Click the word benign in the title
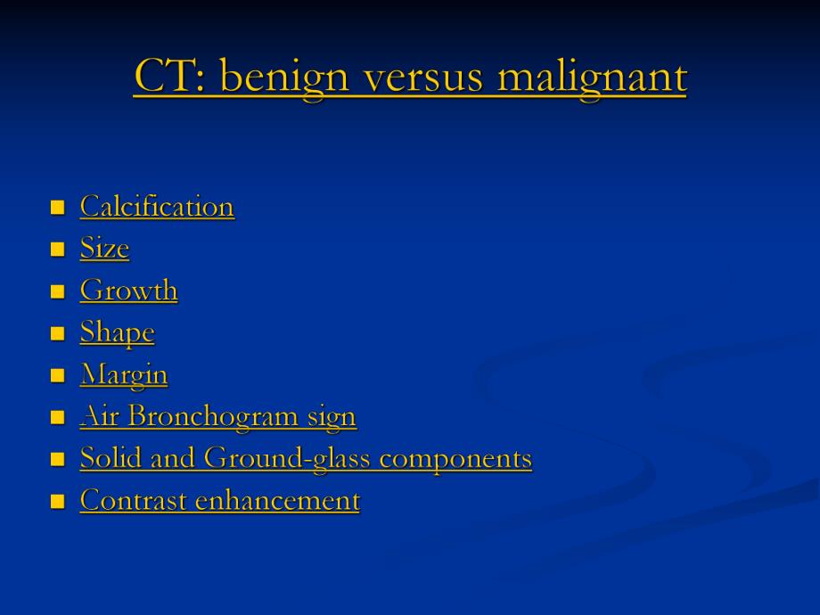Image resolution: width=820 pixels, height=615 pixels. click(x=285, y=78)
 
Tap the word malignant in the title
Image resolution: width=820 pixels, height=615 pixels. click(x=593, y=78)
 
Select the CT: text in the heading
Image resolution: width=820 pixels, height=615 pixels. click(x=169, y=75)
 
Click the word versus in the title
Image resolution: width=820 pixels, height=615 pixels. click(x=423, y=78)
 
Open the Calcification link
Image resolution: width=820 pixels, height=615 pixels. click(x=158, y=206)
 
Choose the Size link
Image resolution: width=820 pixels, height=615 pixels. click(x=104, y=248)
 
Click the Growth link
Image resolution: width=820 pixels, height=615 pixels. click(x=129, y=290)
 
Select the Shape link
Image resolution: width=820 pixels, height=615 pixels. click(x=118, y=332)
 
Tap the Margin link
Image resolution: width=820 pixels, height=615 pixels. click(x=124, y=375)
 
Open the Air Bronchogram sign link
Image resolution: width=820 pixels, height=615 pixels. click(x=218, y=417)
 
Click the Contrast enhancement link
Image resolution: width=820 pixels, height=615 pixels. click(x=220, y=500)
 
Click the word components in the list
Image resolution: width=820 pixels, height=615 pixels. click(x=455, y=460)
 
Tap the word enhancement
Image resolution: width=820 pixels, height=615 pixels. click(x=278, y=500)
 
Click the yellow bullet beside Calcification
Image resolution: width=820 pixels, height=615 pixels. click(x=58, y=208)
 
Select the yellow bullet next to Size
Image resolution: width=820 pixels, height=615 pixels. click(x=58, y=250)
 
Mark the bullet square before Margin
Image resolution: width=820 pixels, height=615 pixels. click(x=58, y=375)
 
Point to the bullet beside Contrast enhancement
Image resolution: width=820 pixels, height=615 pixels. click(x=58, y=502)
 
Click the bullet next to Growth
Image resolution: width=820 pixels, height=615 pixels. click(x=58, y=291)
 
